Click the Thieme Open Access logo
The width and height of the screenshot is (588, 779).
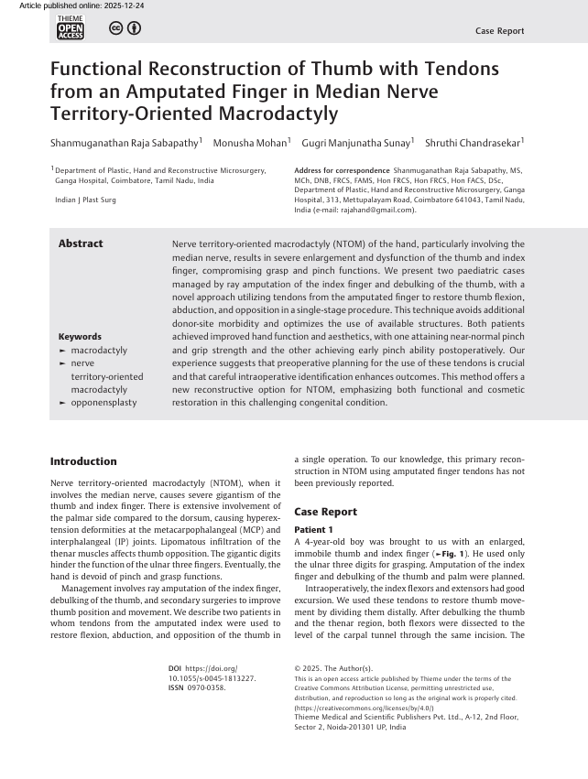[71, 28]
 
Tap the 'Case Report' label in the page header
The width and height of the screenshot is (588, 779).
[499, 31]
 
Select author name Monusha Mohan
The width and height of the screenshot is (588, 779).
[250, 143]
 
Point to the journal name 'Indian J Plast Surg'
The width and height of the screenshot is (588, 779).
[85, 200]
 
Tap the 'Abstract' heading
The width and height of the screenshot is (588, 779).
[81, 243]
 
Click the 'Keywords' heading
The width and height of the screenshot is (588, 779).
[80, 337]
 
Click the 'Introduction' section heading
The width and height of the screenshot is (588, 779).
[83, 461]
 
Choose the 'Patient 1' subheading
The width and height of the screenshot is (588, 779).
[313, 530]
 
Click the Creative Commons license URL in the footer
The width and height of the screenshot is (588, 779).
[355, 708]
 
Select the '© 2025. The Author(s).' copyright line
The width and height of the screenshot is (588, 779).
[333, 669]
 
